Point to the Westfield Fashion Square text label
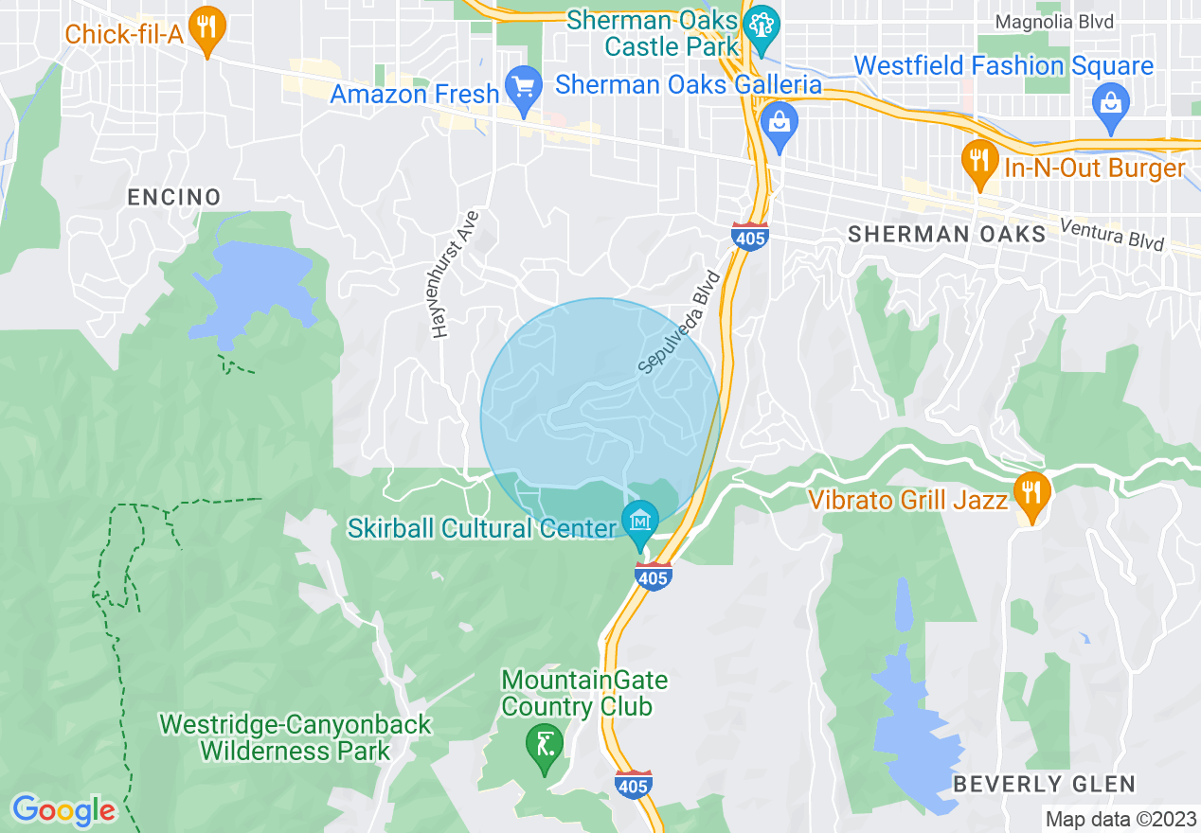click(1003, 66)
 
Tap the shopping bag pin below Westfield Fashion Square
click(1109, 104)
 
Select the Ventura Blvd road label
click(1111, 234)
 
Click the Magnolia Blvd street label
click(1055, 22)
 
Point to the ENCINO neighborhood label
click(174, 197)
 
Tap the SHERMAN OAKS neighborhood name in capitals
click(946, 234)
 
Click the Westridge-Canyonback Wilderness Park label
click(296, 738)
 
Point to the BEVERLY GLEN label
click(1043, 784)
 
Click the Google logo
click(63, 810)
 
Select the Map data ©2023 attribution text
click(1120, 819)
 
